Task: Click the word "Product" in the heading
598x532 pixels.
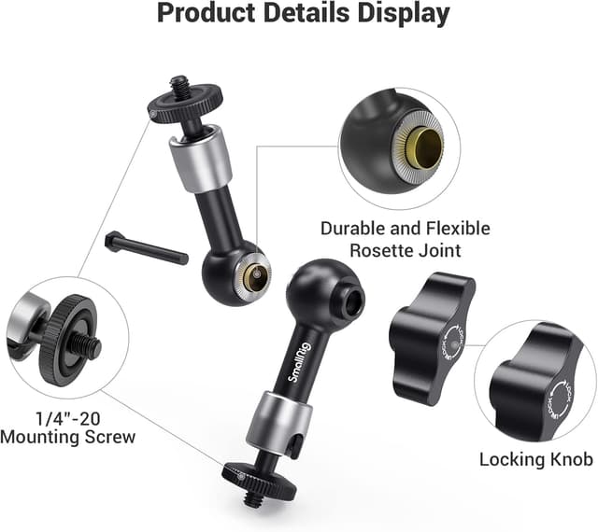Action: tap(206, 13)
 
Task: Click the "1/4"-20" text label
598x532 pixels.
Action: tap(68, 419)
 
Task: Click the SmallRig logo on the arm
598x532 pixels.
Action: tap(300, 362)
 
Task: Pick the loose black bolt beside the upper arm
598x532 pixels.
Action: tap(147, 247)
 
